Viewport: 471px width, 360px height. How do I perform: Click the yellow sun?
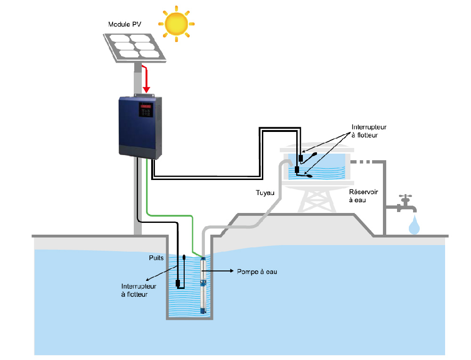177,24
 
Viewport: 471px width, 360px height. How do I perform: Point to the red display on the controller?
146,107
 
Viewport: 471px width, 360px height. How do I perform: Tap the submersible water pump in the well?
203,285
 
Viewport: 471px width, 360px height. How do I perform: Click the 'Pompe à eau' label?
253,272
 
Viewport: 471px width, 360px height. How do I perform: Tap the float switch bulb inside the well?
184,258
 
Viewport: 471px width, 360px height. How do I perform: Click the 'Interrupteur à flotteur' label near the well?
139,290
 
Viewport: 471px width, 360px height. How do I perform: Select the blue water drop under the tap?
414,226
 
